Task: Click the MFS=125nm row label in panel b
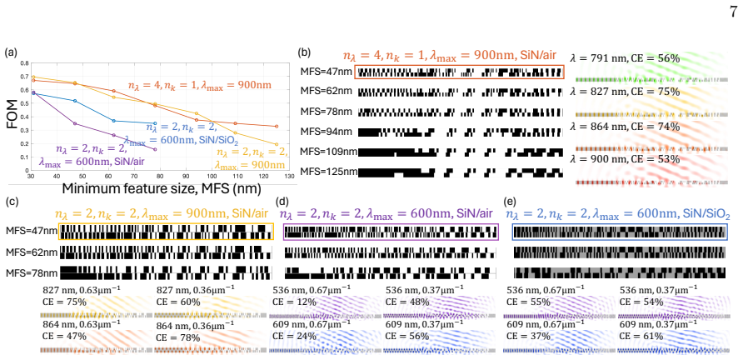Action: click(328, 170)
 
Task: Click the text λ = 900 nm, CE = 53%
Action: click(626, 159)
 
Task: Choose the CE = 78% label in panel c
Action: click(177, 337)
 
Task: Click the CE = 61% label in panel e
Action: click(640, 337)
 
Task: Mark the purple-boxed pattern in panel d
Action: click(391, 232)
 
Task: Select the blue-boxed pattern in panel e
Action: click(620, 232)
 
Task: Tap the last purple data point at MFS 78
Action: click(156, 149)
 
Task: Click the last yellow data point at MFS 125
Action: click(277, 144)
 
